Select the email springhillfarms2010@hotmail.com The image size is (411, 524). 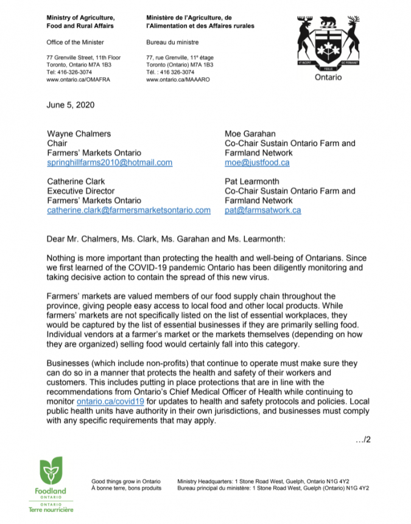(110, 162)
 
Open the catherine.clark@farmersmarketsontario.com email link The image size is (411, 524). (129, 210)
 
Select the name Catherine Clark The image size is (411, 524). (77, 181)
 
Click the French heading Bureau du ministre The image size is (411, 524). (172, 42)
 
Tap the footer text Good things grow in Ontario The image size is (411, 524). (126, 480)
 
